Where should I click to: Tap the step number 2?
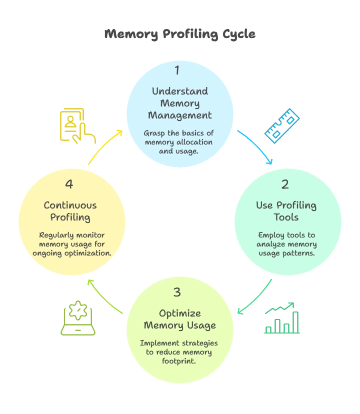click(285, 184)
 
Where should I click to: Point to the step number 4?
click(69, 184)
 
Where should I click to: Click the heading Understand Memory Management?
click(179, 103)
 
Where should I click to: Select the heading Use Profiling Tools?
click(286, 211)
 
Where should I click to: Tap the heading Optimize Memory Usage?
click(180, 319)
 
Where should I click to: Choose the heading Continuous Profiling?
click(70, 211)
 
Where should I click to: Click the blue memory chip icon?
click(282, 125)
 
